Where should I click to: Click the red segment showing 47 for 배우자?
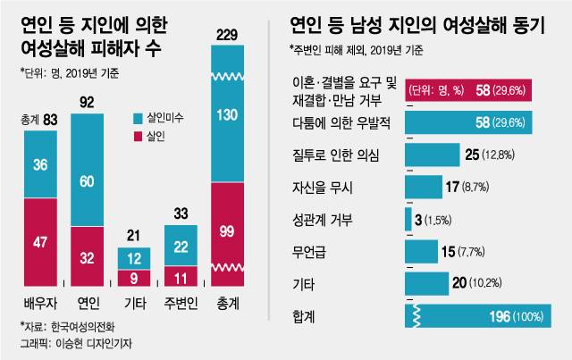tap(41, 240)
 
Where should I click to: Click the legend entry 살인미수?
tap(159, 118)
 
